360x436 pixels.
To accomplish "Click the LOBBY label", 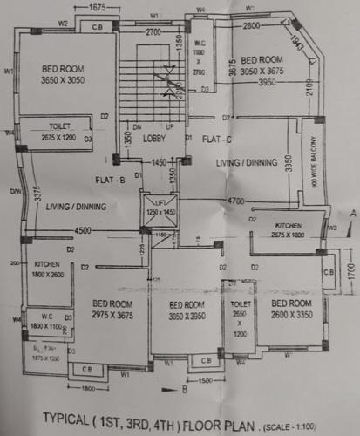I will [157, 138].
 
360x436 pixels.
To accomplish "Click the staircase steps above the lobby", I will [155, 87].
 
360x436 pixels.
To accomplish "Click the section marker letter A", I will [350, 212].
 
